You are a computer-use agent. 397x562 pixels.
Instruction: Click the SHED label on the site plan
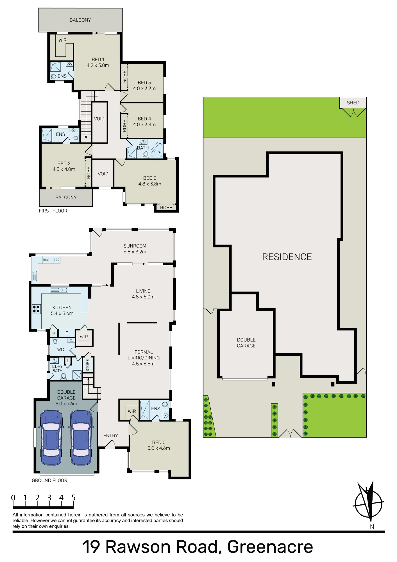[353, 103]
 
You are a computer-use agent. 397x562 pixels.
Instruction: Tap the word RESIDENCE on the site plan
[287, 257]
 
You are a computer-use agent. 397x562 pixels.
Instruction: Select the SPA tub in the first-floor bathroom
[157, 150]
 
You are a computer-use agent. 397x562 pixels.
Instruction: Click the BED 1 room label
[98, 60]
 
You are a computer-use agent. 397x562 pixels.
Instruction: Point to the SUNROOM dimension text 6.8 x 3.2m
[135, 252]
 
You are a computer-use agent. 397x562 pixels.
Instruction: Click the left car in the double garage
[51, 438]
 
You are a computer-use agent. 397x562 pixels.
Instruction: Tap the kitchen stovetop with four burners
[36, 309]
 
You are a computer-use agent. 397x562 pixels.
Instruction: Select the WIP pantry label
[84, 337]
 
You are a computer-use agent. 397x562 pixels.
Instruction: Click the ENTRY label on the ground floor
[110, 436]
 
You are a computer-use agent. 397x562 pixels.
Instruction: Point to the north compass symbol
[369, 503]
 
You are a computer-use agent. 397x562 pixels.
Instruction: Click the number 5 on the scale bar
[73, 498]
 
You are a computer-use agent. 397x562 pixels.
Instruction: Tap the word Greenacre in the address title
[270, 547]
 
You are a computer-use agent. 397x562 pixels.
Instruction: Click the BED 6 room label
[159, 442]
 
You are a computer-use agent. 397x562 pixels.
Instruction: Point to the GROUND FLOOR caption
[49, 481]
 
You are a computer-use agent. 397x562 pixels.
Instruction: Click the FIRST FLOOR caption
[53, 211]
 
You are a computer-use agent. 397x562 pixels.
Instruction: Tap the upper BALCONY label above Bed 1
[80, 20]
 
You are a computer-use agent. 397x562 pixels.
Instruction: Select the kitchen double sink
[59, 290]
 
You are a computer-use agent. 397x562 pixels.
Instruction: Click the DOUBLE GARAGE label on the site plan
[246, 343]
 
